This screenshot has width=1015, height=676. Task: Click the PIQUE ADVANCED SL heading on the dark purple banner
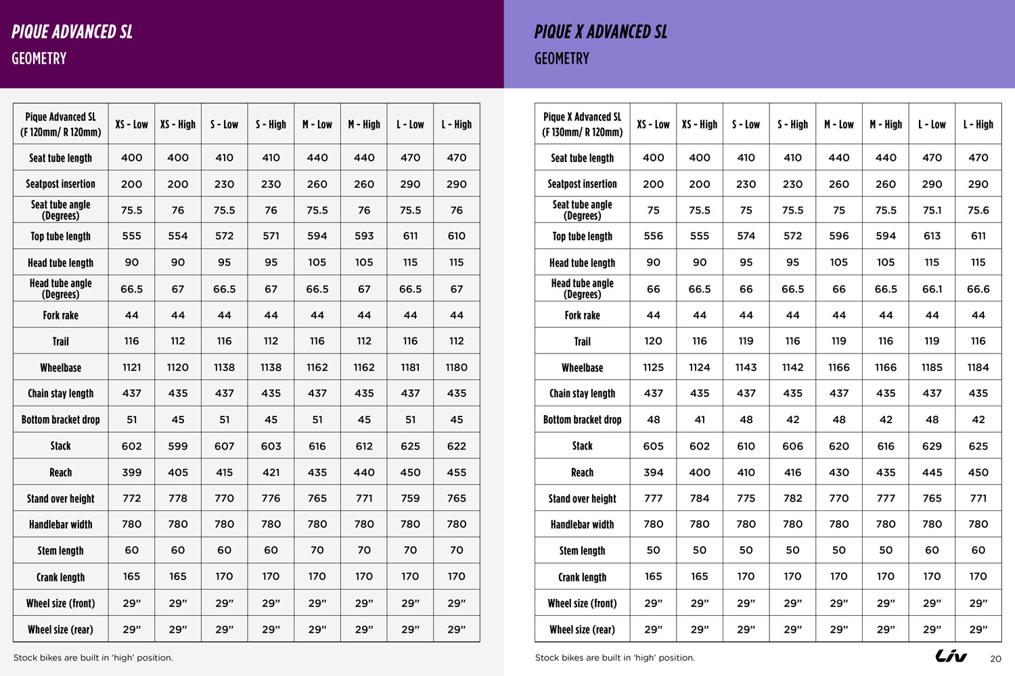72,32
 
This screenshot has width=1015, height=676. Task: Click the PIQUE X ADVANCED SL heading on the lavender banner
600,32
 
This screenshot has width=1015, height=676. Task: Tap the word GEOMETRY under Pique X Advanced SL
562,59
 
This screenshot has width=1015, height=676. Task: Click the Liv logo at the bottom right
951,656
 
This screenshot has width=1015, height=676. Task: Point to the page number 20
995,658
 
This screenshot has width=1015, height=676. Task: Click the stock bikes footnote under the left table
93,658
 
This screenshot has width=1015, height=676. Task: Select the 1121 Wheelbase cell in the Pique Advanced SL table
131,367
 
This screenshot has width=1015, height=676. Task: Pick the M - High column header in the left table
364,124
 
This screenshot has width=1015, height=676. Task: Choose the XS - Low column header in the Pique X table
653,124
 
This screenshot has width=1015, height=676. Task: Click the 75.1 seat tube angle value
932,210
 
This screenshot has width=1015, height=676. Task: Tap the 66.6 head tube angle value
978,289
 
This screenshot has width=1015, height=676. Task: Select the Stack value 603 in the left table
271,446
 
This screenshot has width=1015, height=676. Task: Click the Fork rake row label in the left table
60,315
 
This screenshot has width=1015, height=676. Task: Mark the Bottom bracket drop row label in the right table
582,420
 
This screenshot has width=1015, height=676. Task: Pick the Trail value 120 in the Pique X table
653,341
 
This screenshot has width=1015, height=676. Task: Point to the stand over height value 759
410,498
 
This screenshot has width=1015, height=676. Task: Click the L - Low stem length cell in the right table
932,550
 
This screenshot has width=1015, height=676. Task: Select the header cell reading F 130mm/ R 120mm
582,132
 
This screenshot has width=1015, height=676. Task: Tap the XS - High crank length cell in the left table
178,577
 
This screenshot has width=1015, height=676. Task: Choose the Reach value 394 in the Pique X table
653,473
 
